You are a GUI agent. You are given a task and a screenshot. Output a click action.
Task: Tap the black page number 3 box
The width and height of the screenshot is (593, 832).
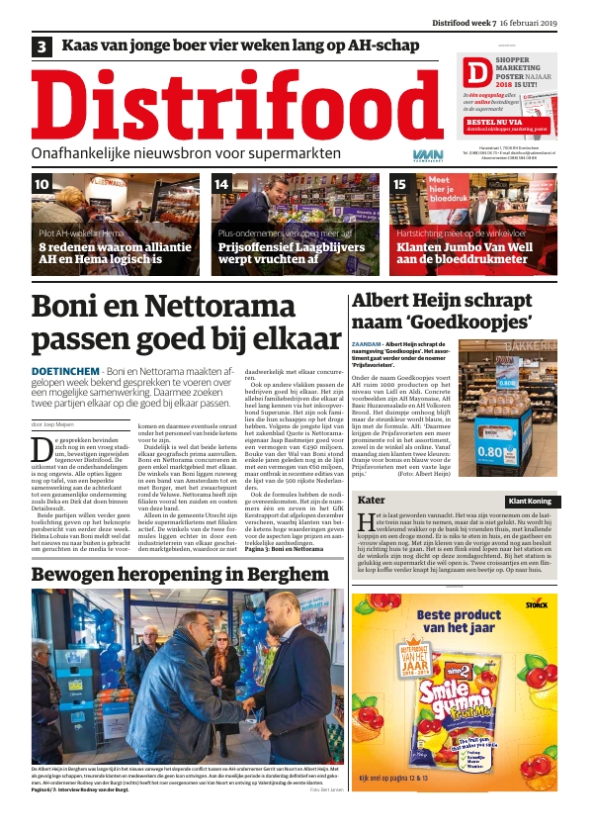[x=42, y=46]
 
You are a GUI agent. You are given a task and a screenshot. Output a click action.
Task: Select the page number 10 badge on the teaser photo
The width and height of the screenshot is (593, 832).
[x=43, y=185]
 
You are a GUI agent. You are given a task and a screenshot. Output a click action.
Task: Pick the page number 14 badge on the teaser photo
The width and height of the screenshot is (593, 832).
[x=222, y=185]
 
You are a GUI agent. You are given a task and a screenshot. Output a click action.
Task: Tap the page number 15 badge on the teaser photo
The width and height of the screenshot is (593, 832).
[x=401, y=185]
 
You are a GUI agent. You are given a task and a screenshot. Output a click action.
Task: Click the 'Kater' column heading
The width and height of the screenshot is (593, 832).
[x=371, y=501]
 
